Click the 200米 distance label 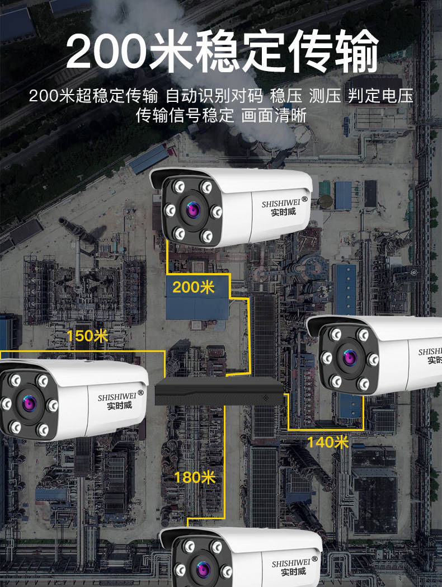pos(193,288)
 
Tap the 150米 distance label pos(87,336)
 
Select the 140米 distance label pos(327,442)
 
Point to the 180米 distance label pos(195,477)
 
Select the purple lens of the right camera pos(351,356)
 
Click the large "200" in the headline pos(106,52)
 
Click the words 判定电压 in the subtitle pos(380,96)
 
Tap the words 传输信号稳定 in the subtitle pos(185,116)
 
